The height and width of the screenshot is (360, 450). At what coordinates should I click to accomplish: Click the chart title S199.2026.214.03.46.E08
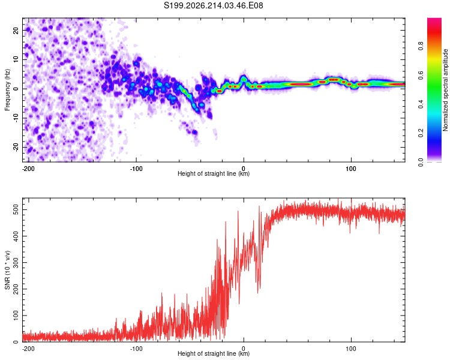click(213, 5)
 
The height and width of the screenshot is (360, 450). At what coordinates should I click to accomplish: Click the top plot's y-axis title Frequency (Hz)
click(7, 90)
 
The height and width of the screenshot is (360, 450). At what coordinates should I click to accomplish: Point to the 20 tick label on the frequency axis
click(16, 31)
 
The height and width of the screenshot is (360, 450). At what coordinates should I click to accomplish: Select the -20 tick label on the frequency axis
click(16, 148)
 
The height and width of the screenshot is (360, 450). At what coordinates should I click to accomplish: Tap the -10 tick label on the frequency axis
click(16, 118)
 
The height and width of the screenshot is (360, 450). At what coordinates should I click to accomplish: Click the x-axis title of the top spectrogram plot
click(214, 173)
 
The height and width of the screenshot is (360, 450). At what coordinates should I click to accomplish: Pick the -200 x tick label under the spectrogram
click(28, 169)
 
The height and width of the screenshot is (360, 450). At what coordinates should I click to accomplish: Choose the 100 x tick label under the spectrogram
click(351, 169)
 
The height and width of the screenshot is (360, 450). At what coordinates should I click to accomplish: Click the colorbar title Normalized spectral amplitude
click(445, 90)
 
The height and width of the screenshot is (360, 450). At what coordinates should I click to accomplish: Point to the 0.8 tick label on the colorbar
click(421, 46)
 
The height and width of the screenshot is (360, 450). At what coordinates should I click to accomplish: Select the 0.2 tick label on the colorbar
click(421, 133)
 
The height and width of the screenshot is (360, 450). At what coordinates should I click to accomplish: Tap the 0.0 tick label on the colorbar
click(421, 162)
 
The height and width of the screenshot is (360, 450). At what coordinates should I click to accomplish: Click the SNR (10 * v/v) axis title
click(7, 270)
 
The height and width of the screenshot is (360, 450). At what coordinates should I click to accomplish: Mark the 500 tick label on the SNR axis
click(16, 209)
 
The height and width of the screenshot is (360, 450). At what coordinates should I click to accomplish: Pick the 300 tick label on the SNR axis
click(16, 262)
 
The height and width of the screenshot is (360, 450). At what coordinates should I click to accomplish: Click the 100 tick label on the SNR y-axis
click(16, 316)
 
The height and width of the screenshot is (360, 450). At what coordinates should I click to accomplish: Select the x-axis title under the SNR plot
click(214, 353)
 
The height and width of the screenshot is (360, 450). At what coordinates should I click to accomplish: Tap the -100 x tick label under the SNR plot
click(136, 349)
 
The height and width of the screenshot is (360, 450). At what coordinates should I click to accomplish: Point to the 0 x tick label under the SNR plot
click(244, 349)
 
